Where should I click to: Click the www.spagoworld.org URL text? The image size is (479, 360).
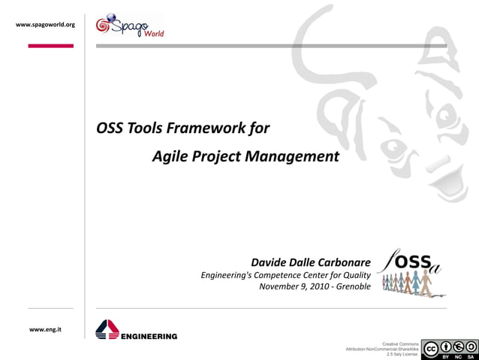tap(45, 25)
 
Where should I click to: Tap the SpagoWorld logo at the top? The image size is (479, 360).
tap(129, 26)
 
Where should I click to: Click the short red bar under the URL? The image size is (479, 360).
tap(50, 46)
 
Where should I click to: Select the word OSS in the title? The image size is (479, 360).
tap(110, 128)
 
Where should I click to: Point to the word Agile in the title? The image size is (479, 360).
tap(170, 157)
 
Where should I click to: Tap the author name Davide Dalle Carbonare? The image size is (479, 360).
tap(310, 262)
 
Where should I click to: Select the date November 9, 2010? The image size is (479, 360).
tap(293, 286)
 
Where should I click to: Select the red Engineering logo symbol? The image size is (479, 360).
tap(107, 329)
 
